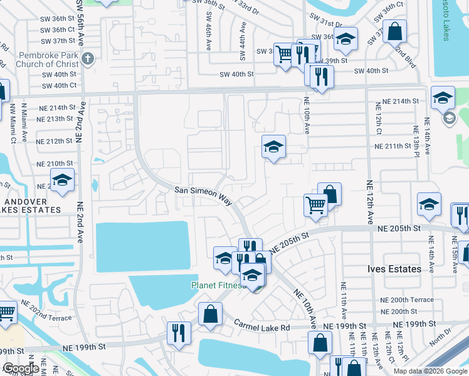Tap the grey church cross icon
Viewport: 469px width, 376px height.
pyautogui.click(x=88, y=60)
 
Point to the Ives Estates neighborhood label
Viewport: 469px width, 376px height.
pyautogui.click(x=394, y=269)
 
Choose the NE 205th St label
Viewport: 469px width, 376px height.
pyautogui.click(x=290, y=242)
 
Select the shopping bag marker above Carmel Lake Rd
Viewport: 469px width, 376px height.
pyautogui.click(x=211, y=313)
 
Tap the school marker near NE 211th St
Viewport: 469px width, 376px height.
pyautogui.click(x=274, y=147)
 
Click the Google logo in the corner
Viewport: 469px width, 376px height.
pyautogui.click(x=21, y=368)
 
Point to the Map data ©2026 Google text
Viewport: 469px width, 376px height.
pyautogui.click(x=429, y=370)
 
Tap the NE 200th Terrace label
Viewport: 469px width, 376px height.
pyautogui.click(x=407, y=300)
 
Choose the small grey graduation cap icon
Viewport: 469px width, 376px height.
pyautogui.click(x=449, y=118)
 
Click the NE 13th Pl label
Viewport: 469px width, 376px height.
pyautogui.click(x=415, y=141)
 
